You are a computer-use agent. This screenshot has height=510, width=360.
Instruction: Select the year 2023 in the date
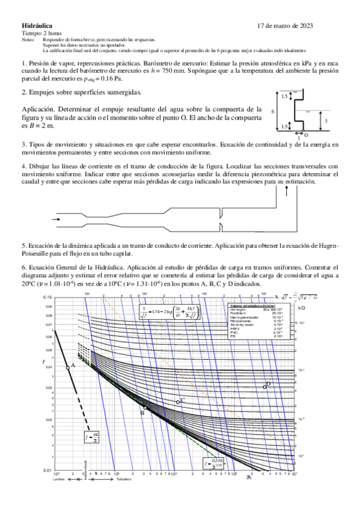coord(304,26)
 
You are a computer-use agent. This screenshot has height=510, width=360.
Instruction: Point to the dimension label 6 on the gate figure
coord(273,111)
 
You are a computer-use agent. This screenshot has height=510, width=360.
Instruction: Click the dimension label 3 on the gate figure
coord(326,121)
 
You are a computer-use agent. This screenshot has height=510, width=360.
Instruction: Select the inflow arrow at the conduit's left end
coord(56,220)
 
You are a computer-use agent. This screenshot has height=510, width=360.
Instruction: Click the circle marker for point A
coord(67,366)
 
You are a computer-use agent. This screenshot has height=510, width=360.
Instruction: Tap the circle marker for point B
coord(144,407)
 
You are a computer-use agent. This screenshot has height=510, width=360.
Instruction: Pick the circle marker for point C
coord(178,401)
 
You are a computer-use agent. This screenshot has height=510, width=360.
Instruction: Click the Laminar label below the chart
coord(58,479)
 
